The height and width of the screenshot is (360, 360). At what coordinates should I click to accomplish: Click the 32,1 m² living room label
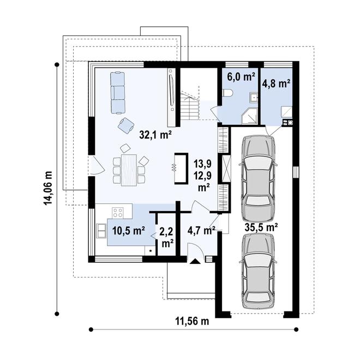click(x=155, y=135)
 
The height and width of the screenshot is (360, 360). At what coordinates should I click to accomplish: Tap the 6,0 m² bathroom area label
click(x=241, y=77)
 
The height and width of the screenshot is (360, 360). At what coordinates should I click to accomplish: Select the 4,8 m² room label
click(x=276, y=83)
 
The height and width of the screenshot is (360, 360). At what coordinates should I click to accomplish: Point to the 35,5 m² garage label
click(x=261, y=227)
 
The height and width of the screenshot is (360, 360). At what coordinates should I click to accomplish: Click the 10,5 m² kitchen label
click(x=129, y=230)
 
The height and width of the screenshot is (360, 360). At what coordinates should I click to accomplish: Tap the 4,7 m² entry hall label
click(x=201, y=230)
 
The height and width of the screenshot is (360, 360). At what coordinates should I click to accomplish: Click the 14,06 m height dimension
click(x=48, y=188)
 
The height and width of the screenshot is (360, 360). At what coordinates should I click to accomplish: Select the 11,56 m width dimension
click(x=193, y=321)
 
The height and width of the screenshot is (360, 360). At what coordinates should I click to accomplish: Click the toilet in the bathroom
click(x=228, y=93)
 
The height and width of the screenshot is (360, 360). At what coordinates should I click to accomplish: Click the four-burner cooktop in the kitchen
click(x=118, y=213)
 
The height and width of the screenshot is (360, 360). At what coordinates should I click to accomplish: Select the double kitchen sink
click(x=101, y=230)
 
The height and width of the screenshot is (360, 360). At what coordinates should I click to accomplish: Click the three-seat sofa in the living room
click(x=118, y=93)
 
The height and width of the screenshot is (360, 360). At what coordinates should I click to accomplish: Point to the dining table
click(x=129, y=170)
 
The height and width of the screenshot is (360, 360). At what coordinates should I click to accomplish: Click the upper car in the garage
click(x=257, y=178)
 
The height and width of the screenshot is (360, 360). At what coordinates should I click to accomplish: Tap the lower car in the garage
click(x=257, y=271)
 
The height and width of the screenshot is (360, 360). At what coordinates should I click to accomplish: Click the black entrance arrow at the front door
click(x=195, y=261)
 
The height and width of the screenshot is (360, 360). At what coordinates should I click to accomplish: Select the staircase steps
click(x=190, y=106)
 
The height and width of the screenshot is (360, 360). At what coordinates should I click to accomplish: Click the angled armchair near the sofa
click(x=126, y=125)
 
